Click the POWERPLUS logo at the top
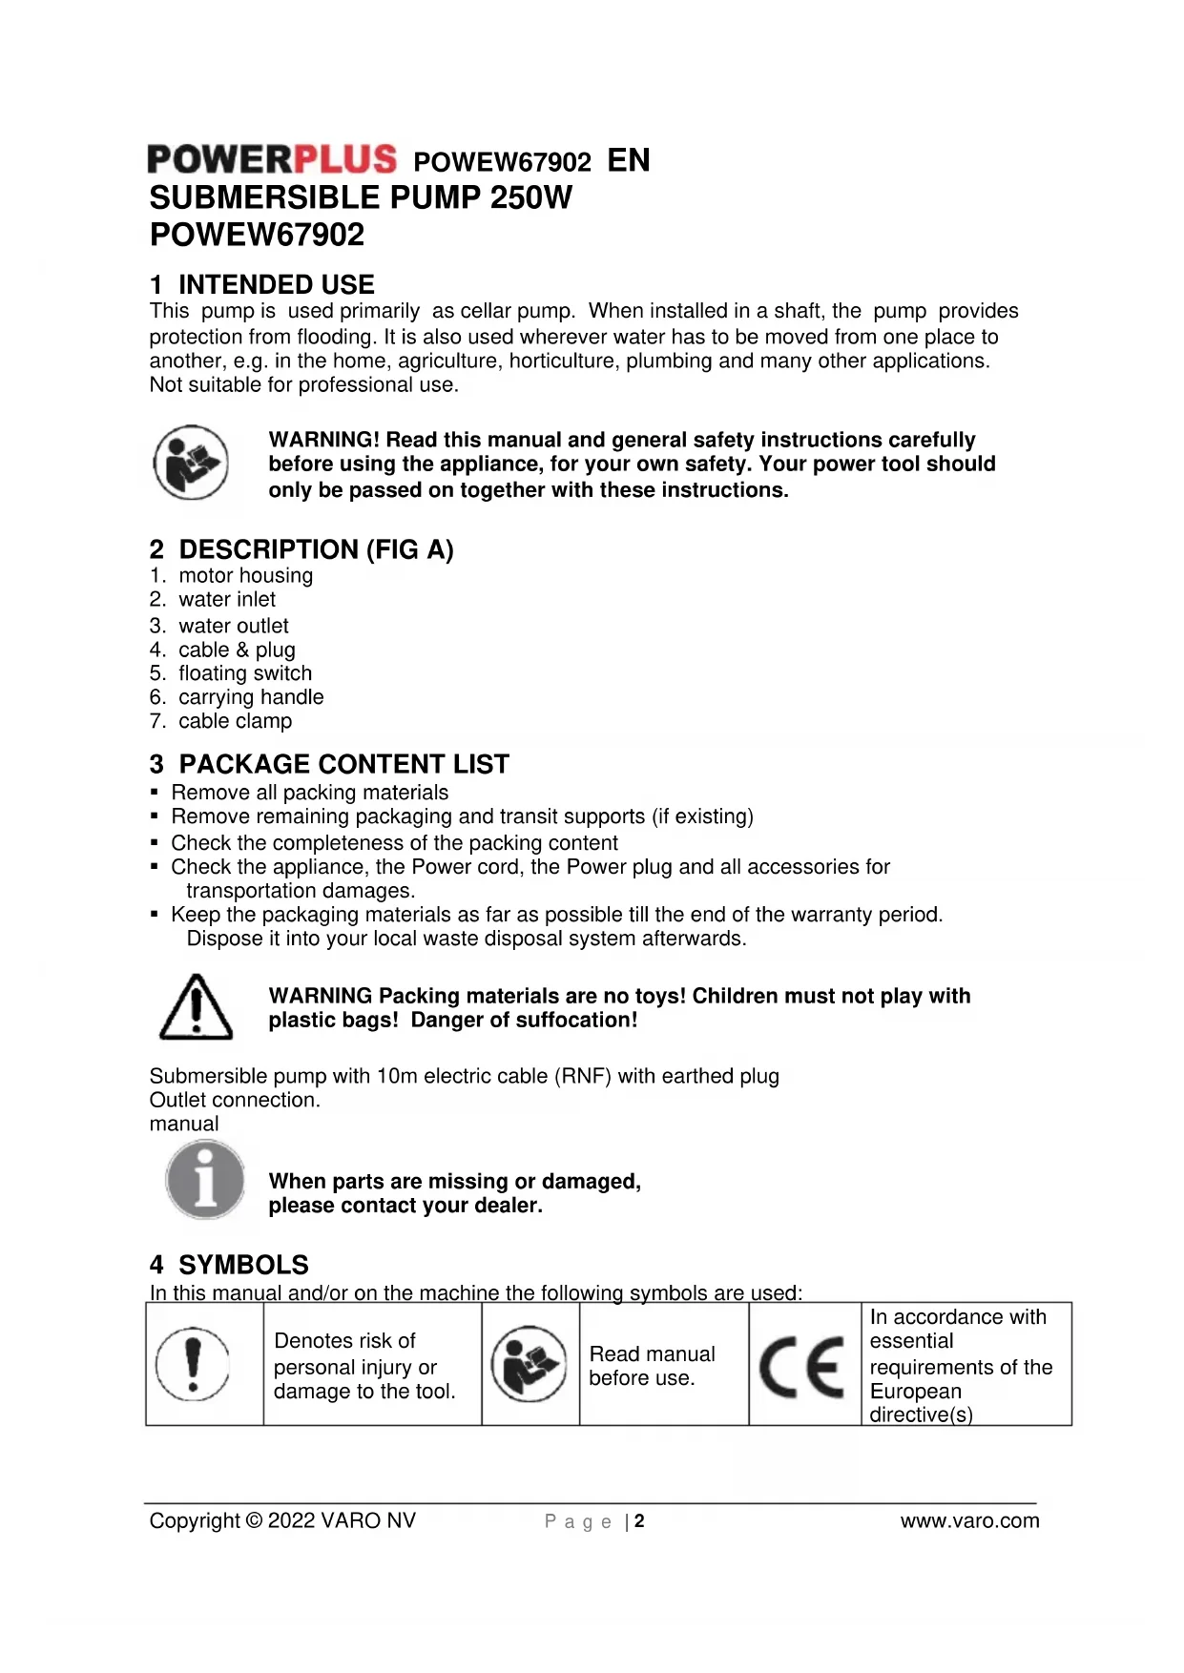tap(272, 159)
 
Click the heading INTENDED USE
tap(262, 284)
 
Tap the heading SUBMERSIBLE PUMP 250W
tap(361, 198)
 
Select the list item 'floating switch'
tap(244, 673)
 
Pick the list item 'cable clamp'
tap(235, 721)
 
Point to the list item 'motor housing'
tap(245, 575)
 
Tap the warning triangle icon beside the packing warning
tap(196, 1007)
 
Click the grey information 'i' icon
tap(205, 1181)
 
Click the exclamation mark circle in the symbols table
tap(193, 1364)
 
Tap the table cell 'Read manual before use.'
tap(652, 1366)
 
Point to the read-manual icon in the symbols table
tap(529, 1364)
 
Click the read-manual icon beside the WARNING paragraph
tap(192, 463)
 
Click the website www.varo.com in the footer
tap(969, 1520)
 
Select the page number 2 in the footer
tap(639, 1521)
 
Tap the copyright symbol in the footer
tap(254, 1520)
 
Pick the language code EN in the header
tap(629, 160)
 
